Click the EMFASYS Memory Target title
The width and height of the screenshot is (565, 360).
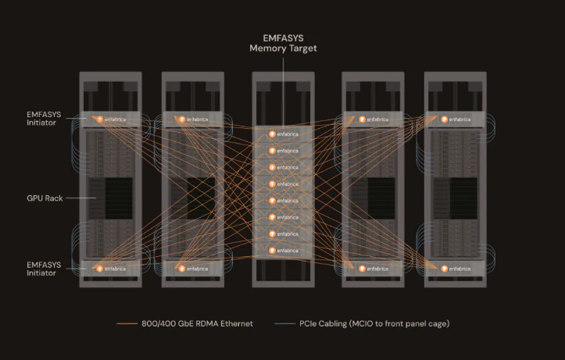pyautogui.click(x=282, y=42)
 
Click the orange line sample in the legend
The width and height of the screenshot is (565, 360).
pyautogui.click(x=127, y=324)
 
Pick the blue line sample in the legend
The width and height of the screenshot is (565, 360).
pyautogui.click(x=286, y=324)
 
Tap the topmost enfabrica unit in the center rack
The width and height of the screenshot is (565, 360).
pyautogui.click(x=282, y=134)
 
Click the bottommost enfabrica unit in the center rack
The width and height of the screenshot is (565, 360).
pyautogui.click(x=282, y=251)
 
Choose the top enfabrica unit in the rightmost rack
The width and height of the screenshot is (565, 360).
pyautogui.click(x=455, y=119)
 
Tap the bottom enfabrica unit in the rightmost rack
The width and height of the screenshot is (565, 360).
pyautogui.click(x=455, y=269)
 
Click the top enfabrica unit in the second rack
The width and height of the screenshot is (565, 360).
pyautogui.click(x=192, y=119)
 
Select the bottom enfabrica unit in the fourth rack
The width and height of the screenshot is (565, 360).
pyautogui.click(x=373, y=269)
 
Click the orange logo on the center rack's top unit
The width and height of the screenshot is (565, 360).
pyautogui.click(x=272, y=134)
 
